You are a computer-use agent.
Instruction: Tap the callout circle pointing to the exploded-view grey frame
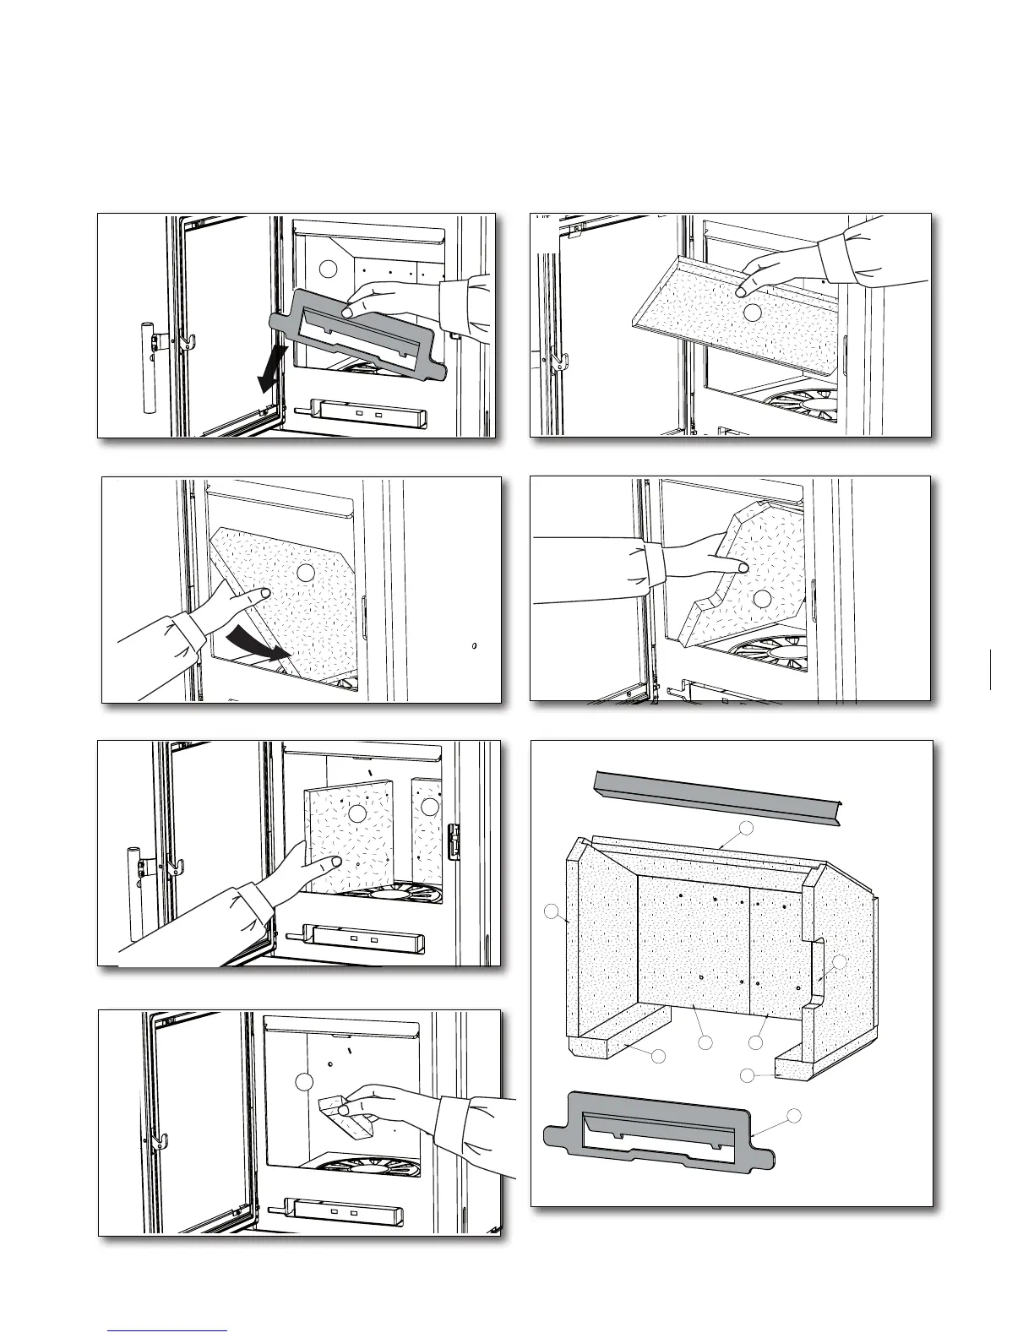coord(793,1115)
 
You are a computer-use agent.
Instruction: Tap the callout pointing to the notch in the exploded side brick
coord(839,962)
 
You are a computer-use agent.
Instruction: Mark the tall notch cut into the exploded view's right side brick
coord(817,971)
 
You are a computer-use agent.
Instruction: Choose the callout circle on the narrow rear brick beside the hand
coord(430,807)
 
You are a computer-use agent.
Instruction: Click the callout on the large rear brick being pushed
coord(357,813)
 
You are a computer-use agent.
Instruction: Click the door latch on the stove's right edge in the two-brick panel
coord(454,841)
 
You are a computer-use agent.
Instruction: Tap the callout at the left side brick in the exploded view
coord(552,911)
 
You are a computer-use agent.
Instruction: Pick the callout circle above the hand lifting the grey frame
coord(329,269)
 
